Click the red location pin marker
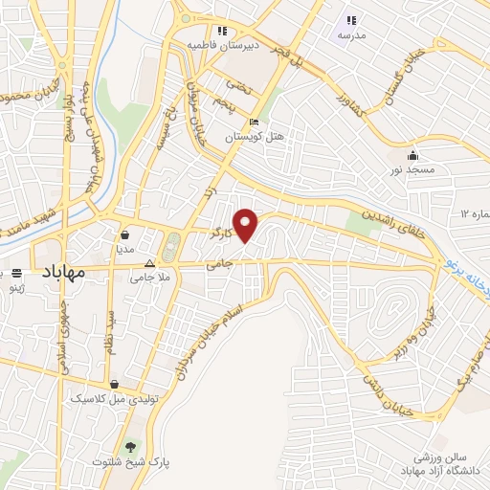point(246,225)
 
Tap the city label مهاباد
point(63,272)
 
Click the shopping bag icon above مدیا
point(125,234)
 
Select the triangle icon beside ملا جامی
point(149,264)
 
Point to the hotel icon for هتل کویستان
point(253,122)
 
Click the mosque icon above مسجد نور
point(413,156)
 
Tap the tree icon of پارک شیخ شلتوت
point(130,447)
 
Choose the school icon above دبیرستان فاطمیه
point(222,31)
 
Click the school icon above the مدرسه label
point(351,19)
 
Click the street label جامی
point(220,262)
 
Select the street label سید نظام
point(110,331)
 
